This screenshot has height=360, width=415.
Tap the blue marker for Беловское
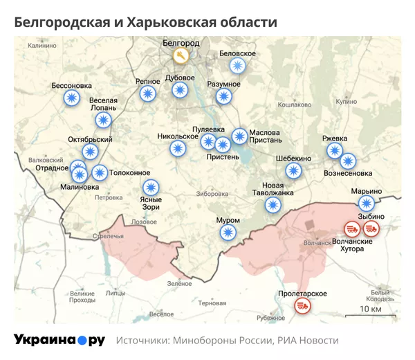[238, 66]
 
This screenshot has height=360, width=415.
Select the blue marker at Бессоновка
[71, 98]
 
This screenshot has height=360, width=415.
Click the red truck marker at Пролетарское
[302, 305]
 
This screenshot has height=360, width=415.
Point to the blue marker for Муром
[228, 233]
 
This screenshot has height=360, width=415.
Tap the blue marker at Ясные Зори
[151, 187]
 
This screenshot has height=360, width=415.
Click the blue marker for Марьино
[366, 203]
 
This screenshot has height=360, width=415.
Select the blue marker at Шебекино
[294, 170]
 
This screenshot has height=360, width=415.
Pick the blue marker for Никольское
[178, 148]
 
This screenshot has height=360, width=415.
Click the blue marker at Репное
[147, 94]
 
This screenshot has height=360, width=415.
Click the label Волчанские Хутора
[353, 245]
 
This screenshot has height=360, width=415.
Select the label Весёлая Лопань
[104, 104]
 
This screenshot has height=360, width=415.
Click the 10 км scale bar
[370, 316]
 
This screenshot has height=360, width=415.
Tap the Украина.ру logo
[59, 340]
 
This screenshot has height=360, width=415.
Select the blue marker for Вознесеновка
[347, 161]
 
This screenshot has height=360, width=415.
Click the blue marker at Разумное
[223, 96]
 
